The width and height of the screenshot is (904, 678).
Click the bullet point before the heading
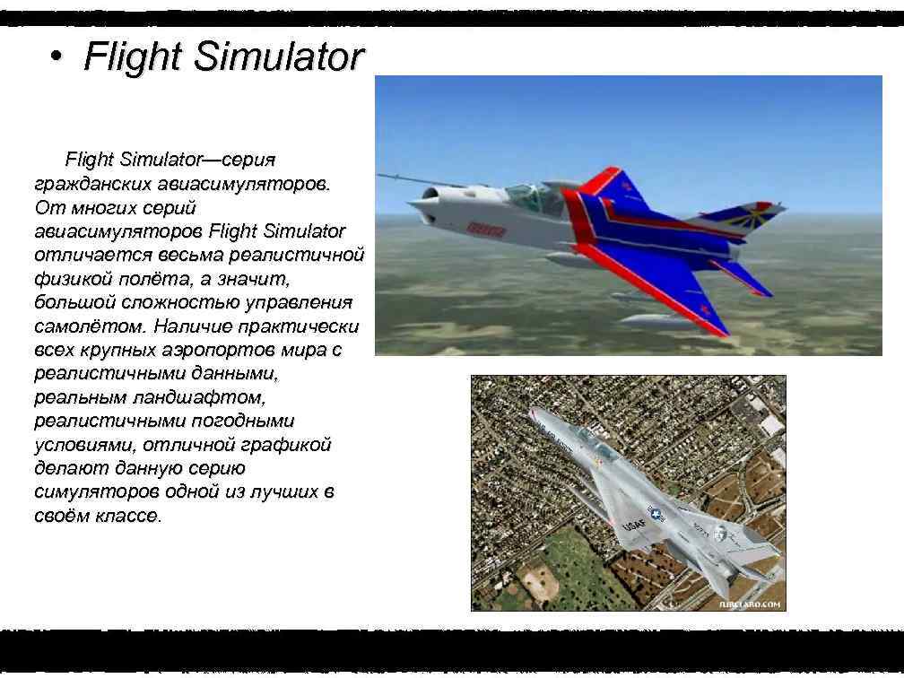pos(56,56)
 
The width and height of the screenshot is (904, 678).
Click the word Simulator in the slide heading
pos(279,56)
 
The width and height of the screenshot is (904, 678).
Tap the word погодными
pos(237,421)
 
